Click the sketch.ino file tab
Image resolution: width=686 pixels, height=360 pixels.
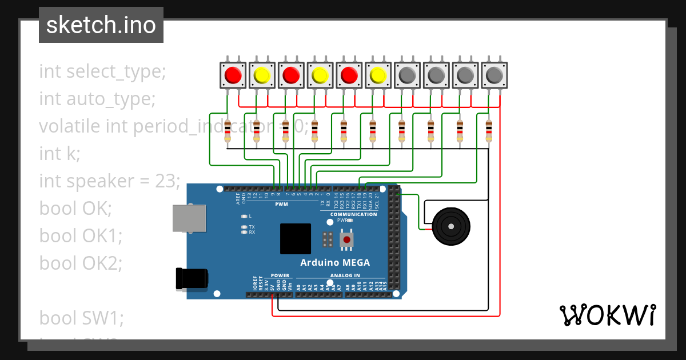coord(101,26)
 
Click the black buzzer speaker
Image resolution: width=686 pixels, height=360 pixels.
coord(451,227)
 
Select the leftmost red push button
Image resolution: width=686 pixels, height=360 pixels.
coord(233,75)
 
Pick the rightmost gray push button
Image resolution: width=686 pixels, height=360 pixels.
coord(494,75)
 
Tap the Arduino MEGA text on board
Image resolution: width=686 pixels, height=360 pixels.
coord(335,263)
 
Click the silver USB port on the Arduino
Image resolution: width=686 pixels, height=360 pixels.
coord(189,218)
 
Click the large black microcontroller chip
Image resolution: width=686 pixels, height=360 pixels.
coord(296,239)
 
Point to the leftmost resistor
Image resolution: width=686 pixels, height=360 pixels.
coord(228,131)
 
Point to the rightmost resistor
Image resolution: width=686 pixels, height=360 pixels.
coord(488,131)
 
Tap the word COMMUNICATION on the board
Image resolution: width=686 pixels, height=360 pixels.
coord(353,214)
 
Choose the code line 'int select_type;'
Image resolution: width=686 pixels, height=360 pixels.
coord(102,71)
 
